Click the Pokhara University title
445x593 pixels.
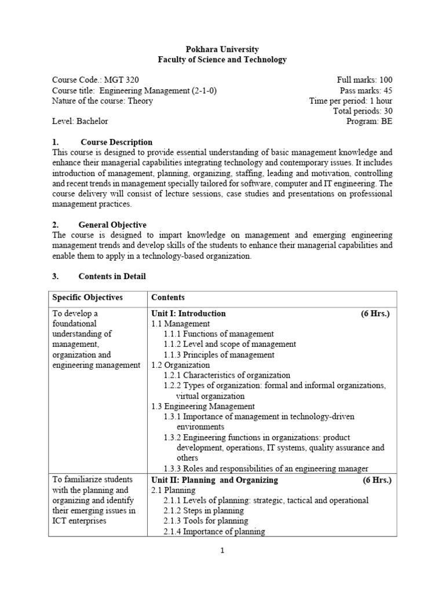[x=222, y=49]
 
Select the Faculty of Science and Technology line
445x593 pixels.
[x=222, y=60]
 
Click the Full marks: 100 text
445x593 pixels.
[x=364, y=80]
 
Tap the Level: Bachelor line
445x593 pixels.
[x=80, y=122]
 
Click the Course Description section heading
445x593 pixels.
[x=116, y=142]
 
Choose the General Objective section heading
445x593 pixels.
[x=113, y=225]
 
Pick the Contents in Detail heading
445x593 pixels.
[x=113, y=277]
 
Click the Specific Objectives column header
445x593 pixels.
[x=87, y=298]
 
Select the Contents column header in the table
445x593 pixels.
[x=168, y=298]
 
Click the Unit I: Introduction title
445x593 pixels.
[x=188, y=313]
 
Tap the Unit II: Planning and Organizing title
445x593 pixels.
[x=214, y=480]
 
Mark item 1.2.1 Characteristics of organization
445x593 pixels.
[x=227, y=376]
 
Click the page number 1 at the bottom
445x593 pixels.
[x=222, y=551]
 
